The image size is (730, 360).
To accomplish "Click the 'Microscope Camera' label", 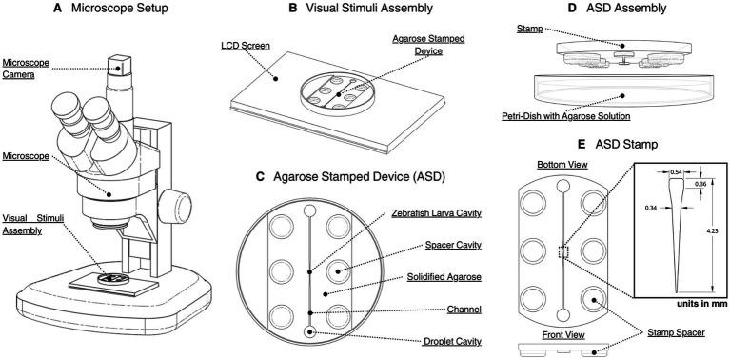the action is click(x=19, y=69).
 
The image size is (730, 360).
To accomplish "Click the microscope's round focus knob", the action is click(x=175, y=206).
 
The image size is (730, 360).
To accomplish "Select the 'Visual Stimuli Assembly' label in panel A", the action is click(x=33, y=224).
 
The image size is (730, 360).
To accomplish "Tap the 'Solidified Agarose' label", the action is click(x=444, y=277).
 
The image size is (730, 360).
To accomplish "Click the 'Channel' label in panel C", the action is click(x=464, y=310).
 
